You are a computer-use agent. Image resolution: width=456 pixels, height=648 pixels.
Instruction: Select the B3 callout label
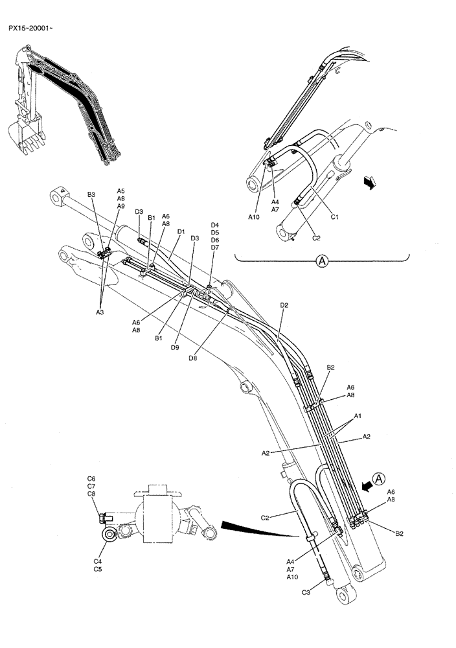91,194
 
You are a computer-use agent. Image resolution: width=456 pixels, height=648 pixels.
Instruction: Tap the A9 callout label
120,206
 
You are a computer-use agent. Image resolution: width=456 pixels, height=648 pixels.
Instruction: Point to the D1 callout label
181,231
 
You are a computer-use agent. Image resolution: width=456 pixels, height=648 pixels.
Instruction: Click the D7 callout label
215,248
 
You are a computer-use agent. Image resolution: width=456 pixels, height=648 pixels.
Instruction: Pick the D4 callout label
215,225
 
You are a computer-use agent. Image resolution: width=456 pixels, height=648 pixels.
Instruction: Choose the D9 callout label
175,347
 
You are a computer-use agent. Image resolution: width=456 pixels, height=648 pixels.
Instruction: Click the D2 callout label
284,305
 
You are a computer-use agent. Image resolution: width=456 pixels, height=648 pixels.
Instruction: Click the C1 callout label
335,217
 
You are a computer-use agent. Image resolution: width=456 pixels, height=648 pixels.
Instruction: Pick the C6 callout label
91,478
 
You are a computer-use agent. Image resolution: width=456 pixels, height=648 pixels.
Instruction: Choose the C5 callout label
98,569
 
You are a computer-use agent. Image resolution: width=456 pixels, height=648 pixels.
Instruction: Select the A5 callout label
120,191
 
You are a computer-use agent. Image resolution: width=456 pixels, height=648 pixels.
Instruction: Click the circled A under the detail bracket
322,261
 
